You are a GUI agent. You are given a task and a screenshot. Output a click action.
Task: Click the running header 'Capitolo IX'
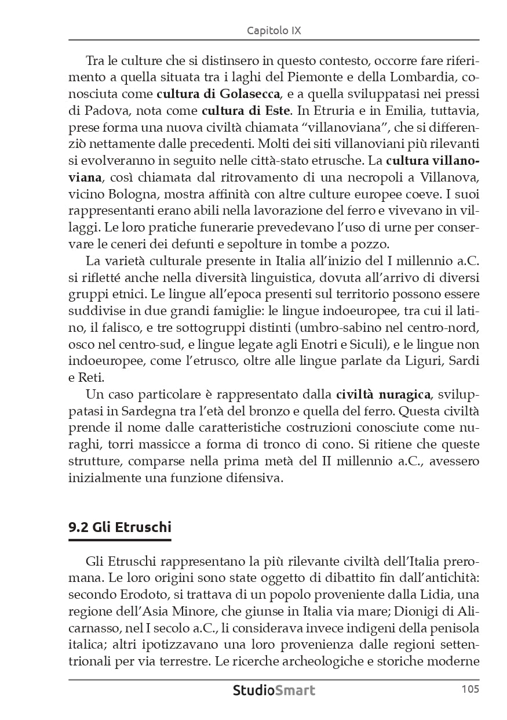[x=273, y=31]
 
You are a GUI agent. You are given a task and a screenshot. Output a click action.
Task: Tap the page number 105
[x=470, y=689]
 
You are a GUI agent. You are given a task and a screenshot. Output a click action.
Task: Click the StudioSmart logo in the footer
[x=274, y=690]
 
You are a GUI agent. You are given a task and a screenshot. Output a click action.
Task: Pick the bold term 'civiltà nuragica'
[x=383, y=395]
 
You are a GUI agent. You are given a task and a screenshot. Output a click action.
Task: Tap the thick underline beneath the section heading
[x=120, y=540]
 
